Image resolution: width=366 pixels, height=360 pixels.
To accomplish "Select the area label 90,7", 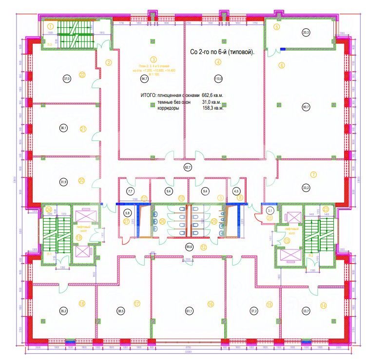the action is pyautogui.click(x=306, y=108).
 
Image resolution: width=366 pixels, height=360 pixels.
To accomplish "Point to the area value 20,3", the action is pyautogui.click(x=306, y=33).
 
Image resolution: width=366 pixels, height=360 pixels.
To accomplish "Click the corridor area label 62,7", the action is pyautogui.click(x=188, y=168).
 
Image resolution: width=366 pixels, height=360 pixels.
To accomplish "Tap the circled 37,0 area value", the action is pyautogui.click(x=67, y=78).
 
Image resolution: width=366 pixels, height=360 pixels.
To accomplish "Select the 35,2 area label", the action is pyautogui.click(x=63, y=310).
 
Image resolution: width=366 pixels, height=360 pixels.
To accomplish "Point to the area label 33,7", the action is pyautogui.click(x=306, y=310).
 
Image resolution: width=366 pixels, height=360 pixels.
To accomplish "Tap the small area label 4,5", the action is pyautogui.click(x=237, y=191).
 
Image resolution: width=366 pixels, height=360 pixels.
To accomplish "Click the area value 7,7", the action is pyautogui.click(x=130, y=191).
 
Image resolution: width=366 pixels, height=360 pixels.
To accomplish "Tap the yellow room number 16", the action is pyautogui.click(x=211, y=303).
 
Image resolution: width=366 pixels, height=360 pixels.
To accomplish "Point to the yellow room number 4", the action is pyautogui.click(x=218, y=61).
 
